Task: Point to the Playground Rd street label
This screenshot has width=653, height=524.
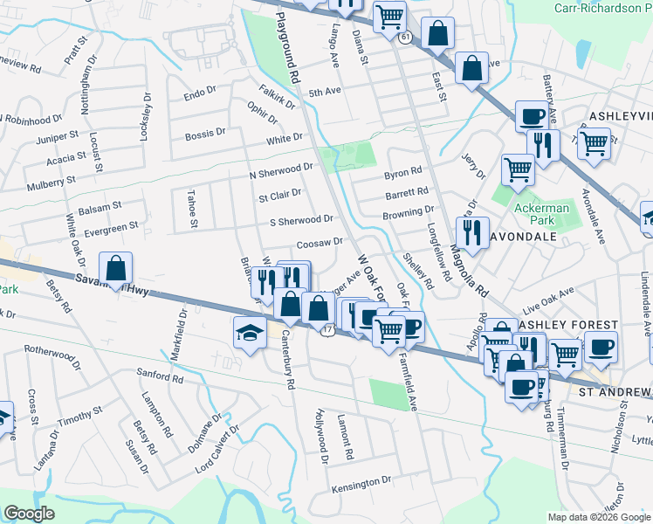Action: (x=289, y=47)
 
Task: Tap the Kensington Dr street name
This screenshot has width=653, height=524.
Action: (x=361, y=482)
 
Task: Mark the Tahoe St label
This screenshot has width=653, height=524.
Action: (x=192, y=210)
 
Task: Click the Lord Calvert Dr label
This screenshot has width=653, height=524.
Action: (x=217, y=441)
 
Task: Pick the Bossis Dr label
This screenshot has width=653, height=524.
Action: (x=205, y=135)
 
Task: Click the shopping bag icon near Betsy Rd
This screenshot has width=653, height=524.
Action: (x=116, y=269)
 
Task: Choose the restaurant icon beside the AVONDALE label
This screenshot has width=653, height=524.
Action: (x=471, y=232)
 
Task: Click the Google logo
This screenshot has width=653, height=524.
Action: (x=30, y=514)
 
